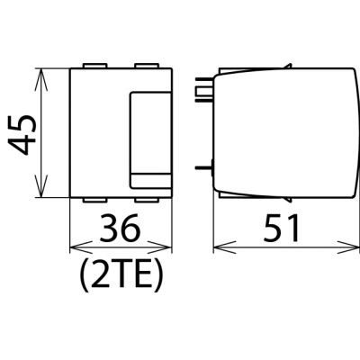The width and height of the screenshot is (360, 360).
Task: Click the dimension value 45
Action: tap(22, 134)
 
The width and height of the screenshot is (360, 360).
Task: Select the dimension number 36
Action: tap(120, 228)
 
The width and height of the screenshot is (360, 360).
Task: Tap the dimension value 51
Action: tap(281, 228)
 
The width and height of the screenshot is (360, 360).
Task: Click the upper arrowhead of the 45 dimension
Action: tap(41, 79)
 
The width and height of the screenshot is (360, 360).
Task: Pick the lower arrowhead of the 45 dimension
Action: tap(41, 186)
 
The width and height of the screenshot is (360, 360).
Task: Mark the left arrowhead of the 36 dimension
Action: tap(80, 248)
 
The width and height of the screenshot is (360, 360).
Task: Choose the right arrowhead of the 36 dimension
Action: tap(161, 248)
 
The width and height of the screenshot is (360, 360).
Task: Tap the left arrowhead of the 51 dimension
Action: tap(224, 248)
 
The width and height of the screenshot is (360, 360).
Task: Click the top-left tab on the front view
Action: tap(94, 66)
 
